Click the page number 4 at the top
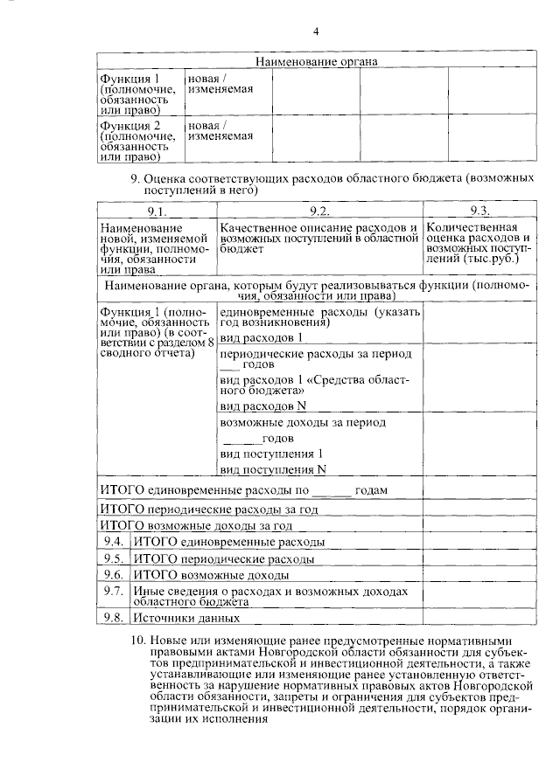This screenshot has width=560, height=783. click(x=316, y=32)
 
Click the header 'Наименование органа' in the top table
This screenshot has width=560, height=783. click(x=316, y=62)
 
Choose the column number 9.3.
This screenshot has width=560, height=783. click(x=479, y=211)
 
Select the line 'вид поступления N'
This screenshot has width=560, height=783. click(x=267, y=469)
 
